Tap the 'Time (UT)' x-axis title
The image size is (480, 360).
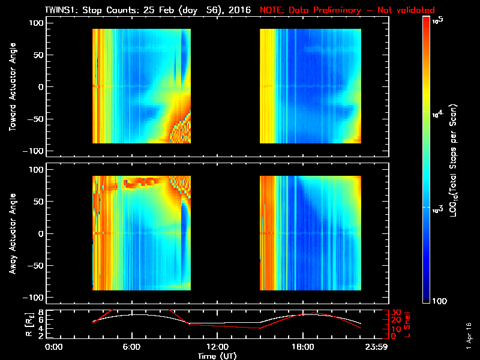point(217,355)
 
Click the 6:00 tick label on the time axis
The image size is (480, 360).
point(131,347)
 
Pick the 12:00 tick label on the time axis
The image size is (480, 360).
point(217,347)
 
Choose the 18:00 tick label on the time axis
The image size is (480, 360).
point(302,347)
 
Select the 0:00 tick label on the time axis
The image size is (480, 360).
point(54,347)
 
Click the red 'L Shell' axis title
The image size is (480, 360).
point(405,324)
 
